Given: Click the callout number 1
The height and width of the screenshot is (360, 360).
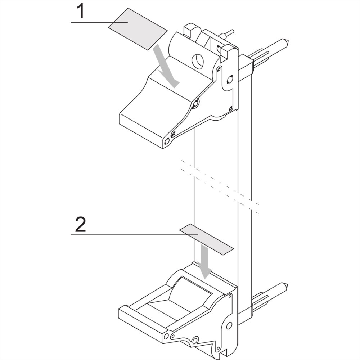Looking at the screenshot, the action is [x=80, y=12].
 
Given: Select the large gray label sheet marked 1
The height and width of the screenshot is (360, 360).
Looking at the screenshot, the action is [x=138, y=29].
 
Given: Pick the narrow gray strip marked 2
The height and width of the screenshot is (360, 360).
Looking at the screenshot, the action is [x=206, y=239].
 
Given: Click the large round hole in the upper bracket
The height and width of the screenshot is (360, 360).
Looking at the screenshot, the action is [x=198, y=61].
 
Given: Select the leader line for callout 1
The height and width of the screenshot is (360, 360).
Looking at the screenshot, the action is [x=99, y=22].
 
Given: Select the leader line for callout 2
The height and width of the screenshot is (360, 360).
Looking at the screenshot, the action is [x=135, y=235].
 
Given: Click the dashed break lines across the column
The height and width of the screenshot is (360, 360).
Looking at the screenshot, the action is [x=220, y=187].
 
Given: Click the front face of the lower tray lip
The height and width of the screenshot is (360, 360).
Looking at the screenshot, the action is [x=140, y=325].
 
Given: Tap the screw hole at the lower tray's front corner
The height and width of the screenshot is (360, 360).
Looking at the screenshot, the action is [x=166, y=336].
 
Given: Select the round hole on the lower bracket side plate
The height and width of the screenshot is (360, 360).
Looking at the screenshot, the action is [x=229, y=325].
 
